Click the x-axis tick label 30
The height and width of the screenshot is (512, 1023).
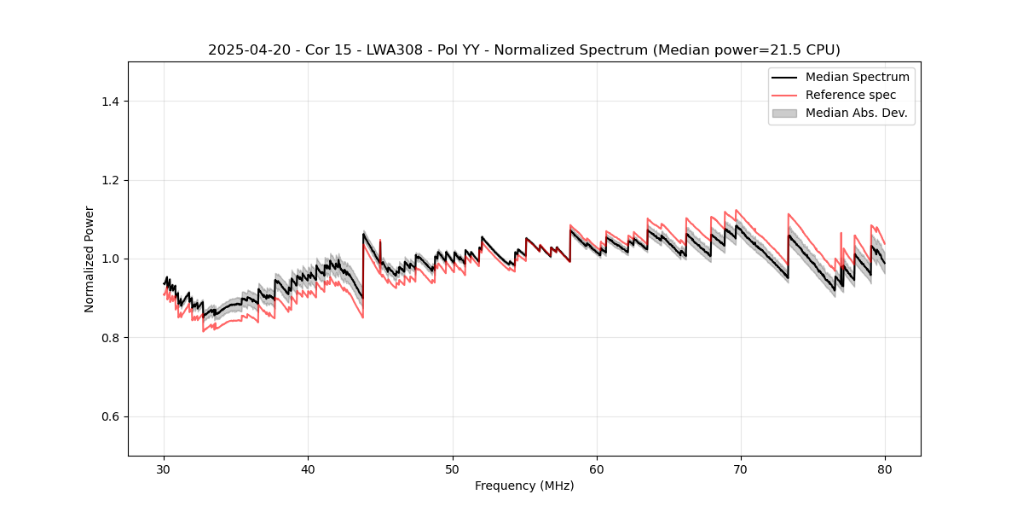pos(165,469)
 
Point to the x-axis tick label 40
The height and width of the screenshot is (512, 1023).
pos(309,469)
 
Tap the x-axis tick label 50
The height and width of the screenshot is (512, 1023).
pos(453,469)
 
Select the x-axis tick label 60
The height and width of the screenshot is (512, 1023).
pos(597,469)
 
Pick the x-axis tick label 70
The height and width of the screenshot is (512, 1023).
pos(741,469)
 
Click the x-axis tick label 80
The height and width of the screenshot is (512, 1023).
pos(885,469)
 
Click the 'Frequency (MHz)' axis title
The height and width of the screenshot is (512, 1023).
pos(524,486)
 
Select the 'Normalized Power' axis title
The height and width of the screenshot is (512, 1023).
pos(90,259)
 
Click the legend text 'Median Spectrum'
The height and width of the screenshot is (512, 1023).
pos(857,77)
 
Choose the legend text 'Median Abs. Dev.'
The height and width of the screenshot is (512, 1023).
pos(856,113)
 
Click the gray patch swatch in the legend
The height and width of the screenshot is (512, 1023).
pos(784,113)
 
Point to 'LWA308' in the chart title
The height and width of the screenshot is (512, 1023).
pos(392,49)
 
